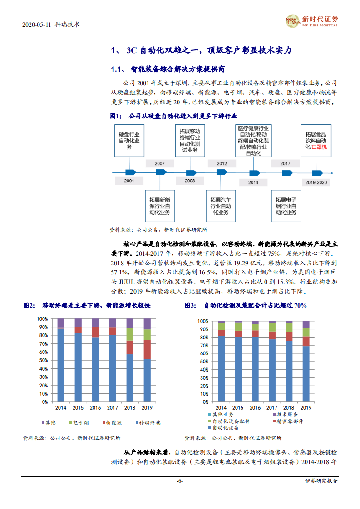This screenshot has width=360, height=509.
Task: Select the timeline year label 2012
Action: pyautogui.click(x=222, y=163)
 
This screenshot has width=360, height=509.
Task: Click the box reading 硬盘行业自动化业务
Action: pyautogui.click(x=129, y=141)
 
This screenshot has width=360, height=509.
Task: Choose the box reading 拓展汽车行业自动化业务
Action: pyautogui.click(x=220, y=206)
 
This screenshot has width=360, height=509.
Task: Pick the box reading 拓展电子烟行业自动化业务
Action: pyautogui.click(x=286, y=206)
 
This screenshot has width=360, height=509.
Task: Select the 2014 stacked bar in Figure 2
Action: pyautogui.click(x=61, y=360)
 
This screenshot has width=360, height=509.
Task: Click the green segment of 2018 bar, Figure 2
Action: pyautogui.click(x=130, y=334)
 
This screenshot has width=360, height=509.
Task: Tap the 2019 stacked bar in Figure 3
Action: pyautogui.click(x=306, y=361)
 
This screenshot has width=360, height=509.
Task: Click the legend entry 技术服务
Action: pyautogui.click(x=285, y=415)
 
